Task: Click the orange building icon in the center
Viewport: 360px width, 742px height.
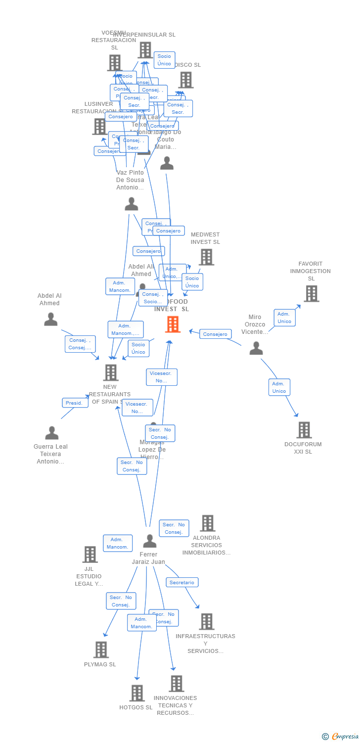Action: click(172, 325)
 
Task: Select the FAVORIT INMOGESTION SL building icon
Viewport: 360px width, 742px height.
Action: click(311, 293)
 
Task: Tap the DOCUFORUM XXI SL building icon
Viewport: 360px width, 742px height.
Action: click(304, 430)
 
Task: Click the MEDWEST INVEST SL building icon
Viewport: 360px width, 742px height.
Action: click(206, 257)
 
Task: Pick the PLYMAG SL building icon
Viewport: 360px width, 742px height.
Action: click(101, 649)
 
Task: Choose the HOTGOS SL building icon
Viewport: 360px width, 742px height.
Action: click(137, 693)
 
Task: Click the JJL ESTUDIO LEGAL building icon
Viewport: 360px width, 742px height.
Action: click(90, 555)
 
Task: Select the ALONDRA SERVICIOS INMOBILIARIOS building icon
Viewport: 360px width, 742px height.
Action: click(208, 523)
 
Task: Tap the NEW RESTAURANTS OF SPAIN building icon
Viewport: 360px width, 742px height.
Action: click(111, 372)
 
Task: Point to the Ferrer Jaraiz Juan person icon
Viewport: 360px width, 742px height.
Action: click(149, 541)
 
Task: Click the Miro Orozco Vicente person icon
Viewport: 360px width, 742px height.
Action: click(256, 348)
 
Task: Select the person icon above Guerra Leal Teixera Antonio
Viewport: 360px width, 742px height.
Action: click(51, 433)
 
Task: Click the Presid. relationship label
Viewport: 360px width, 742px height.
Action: click(74, 403)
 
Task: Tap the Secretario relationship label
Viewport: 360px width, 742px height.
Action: click(182, 582)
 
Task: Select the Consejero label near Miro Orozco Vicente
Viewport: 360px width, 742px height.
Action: click(215, 334)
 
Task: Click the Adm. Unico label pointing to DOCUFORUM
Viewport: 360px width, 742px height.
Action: click(279, 387)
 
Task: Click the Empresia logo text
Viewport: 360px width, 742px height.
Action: click(345, 737)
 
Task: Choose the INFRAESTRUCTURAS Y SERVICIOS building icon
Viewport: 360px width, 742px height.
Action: click(207, 622)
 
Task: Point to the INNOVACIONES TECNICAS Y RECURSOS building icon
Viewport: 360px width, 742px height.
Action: click(176, 684)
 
